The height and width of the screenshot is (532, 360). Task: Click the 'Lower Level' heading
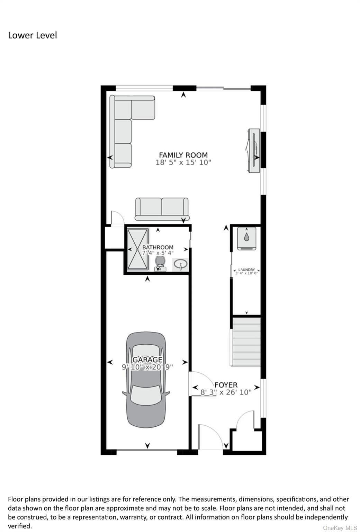pos(33,35)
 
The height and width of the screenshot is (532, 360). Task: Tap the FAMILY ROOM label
pos(183,155)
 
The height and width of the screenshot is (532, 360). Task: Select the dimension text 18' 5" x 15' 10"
pos(183,162)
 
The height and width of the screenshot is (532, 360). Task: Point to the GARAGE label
pos(147,360)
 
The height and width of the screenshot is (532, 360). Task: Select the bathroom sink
pos(181,264)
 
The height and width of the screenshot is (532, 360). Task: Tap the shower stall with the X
pos(138,249)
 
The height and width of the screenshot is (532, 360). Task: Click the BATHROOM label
pos(158,247)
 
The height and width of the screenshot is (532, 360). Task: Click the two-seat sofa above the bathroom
pos(162,209)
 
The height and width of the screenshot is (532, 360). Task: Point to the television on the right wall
pos(253,151)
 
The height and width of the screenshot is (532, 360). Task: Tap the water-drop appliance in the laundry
pos(246,238)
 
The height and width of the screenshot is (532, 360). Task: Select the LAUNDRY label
pos(246,269)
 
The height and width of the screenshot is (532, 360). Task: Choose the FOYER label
pos(226,385)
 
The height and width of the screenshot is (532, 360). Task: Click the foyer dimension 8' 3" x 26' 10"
pos(226,392)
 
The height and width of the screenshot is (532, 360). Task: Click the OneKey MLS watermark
pos(340,528)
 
